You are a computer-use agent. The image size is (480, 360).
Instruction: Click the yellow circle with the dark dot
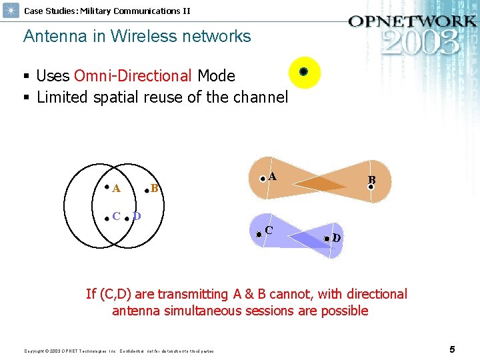303,72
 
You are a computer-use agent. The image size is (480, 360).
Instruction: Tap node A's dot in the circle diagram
107,187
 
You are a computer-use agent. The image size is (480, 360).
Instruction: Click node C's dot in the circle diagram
107,217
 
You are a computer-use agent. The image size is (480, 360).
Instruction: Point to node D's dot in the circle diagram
127,217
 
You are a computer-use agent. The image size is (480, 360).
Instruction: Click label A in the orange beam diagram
273,177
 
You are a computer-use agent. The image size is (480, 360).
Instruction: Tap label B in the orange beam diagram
372,180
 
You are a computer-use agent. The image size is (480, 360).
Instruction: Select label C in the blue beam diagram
269,230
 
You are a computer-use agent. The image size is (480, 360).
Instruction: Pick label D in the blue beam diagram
337,238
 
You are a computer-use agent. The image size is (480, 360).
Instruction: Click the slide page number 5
452,349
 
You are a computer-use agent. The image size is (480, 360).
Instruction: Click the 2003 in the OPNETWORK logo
421,41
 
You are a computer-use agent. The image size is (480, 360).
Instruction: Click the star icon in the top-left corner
11,11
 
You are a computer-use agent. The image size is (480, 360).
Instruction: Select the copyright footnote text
119,351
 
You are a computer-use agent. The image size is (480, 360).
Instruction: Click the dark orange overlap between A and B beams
321,184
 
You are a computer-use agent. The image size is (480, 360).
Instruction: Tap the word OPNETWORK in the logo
411,21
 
